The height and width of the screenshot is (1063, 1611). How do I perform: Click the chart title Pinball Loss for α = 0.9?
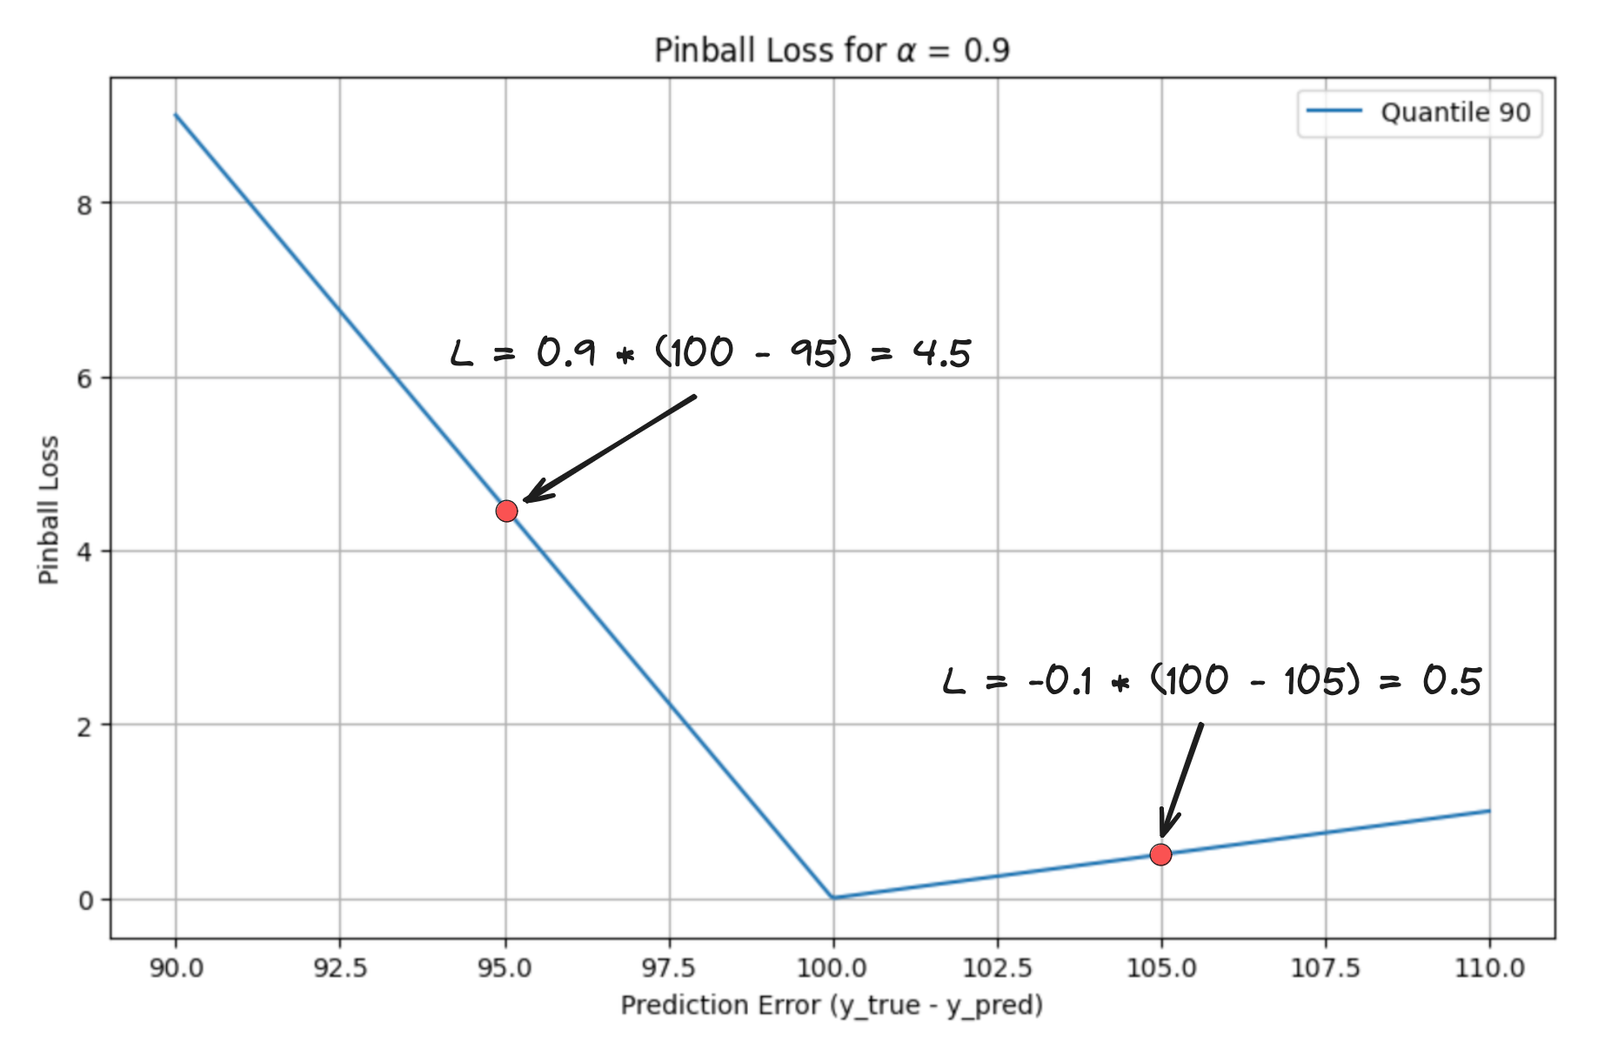pyautogui.click(x=832, y=50)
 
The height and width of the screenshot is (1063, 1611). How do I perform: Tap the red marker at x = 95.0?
pyautogui.click(x=506, y=511)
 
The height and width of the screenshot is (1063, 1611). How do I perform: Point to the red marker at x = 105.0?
pyautogui.click(x=1160, y=854)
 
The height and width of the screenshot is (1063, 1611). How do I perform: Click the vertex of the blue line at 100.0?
pyautogui.click(x=833, y=898)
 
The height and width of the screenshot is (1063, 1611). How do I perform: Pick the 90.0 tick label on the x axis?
pyautogui.click(x=176, y=967)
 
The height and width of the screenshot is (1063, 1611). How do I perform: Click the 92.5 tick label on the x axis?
pyautogui.click(x=340, y=967)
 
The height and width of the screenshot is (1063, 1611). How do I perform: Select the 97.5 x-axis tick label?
pyautogui.click(x=669, y=967)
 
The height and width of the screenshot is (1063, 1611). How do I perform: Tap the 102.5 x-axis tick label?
pyautogui.click(x=997, y=967)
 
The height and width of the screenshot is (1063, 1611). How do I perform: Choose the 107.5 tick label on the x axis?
pyautogui.click(x=1326, y=967)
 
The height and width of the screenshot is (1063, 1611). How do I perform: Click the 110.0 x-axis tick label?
pyautogui.click(x=1489, y=967)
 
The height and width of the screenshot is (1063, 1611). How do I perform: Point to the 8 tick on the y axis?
pyautogui.click(x=84, y=205)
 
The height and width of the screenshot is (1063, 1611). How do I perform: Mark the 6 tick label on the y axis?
pyautogui.click(x=84, y=378)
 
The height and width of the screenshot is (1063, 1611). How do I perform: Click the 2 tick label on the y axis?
pyautogui.click(x=84, y=726)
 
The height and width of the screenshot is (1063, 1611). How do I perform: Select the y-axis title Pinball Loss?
pyautogui.click(x=49, y=510)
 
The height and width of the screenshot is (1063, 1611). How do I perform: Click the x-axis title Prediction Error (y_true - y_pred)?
pyautogui.click(x=832, y=1006)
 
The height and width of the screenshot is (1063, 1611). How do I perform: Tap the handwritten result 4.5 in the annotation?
pyautogui.click(x=941, y=353)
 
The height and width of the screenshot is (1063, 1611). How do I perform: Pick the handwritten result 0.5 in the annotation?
pyautogui.click(x=1453, y=680)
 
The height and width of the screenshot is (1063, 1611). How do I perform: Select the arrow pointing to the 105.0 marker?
pyautogui.click(x=1181, y=779)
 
